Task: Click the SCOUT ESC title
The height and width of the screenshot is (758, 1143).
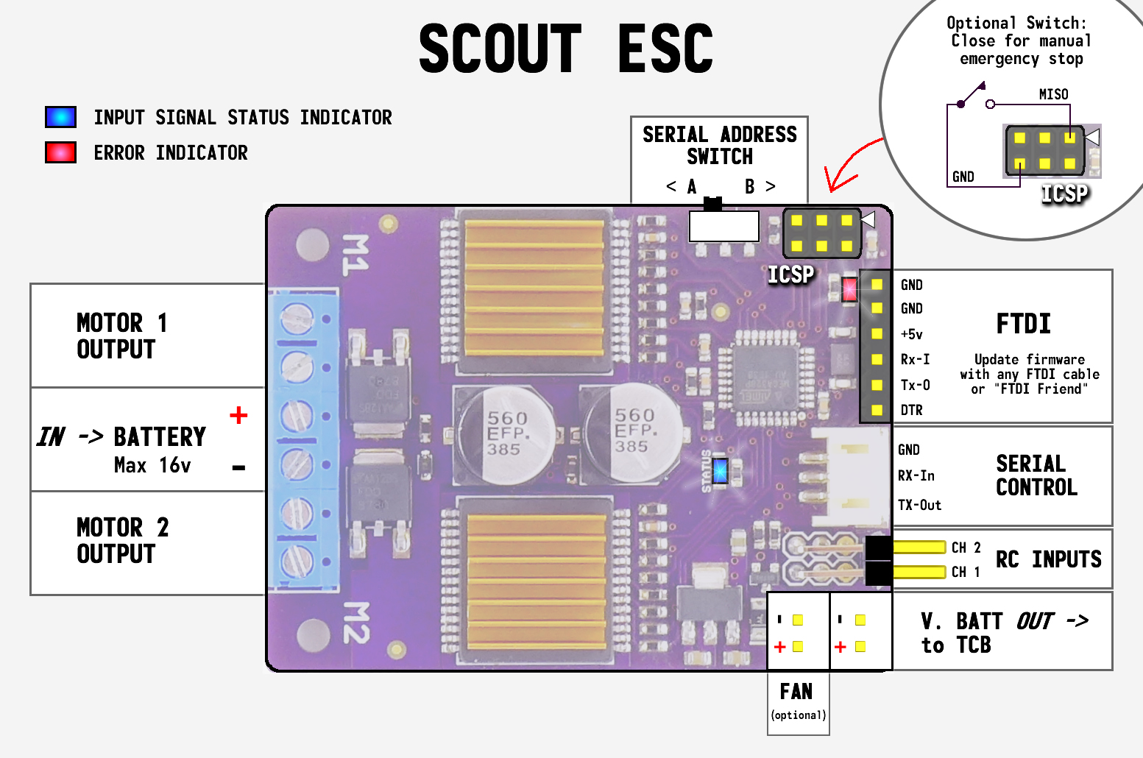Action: [x=565, y=49]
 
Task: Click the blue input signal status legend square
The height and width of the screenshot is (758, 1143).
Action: [x=60, y=117]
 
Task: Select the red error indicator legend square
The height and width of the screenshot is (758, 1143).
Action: [x=60, y=152]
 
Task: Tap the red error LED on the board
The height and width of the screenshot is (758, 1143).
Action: [x=849, y=288]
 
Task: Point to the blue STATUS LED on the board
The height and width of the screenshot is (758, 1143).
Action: [x=720, y=471]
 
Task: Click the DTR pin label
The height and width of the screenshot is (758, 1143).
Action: [x=911, y=410]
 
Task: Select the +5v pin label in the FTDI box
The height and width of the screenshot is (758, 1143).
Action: [x=911, y=334]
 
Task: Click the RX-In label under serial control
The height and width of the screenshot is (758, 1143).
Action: [x=916, y=476]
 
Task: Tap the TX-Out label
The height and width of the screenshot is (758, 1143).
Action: [x=919, y=505]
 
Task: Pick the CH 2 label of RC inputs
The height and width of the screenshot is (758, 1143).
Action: [x=966, y=548]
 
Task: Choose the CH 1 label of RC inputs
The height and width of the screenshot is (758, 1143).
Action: [x=966, y=572]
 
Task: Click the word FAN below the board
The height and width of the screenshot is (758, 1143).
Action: [x=796, y=692]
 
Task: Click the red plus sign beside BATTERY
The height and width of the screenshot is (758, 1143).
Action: [x=238, y=415]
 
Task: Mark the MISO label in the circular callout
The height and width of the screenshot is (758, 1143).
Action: [x=1053, y=94]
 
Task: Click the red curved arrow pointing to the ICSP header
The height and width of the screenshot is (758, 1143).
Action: [x=846, y=166]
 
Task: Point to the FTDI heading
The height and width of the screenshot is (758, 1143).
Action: [x=1023, y=324]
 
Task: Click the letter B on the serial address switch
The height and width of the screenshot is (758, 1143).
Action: [x=749, y=187]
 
